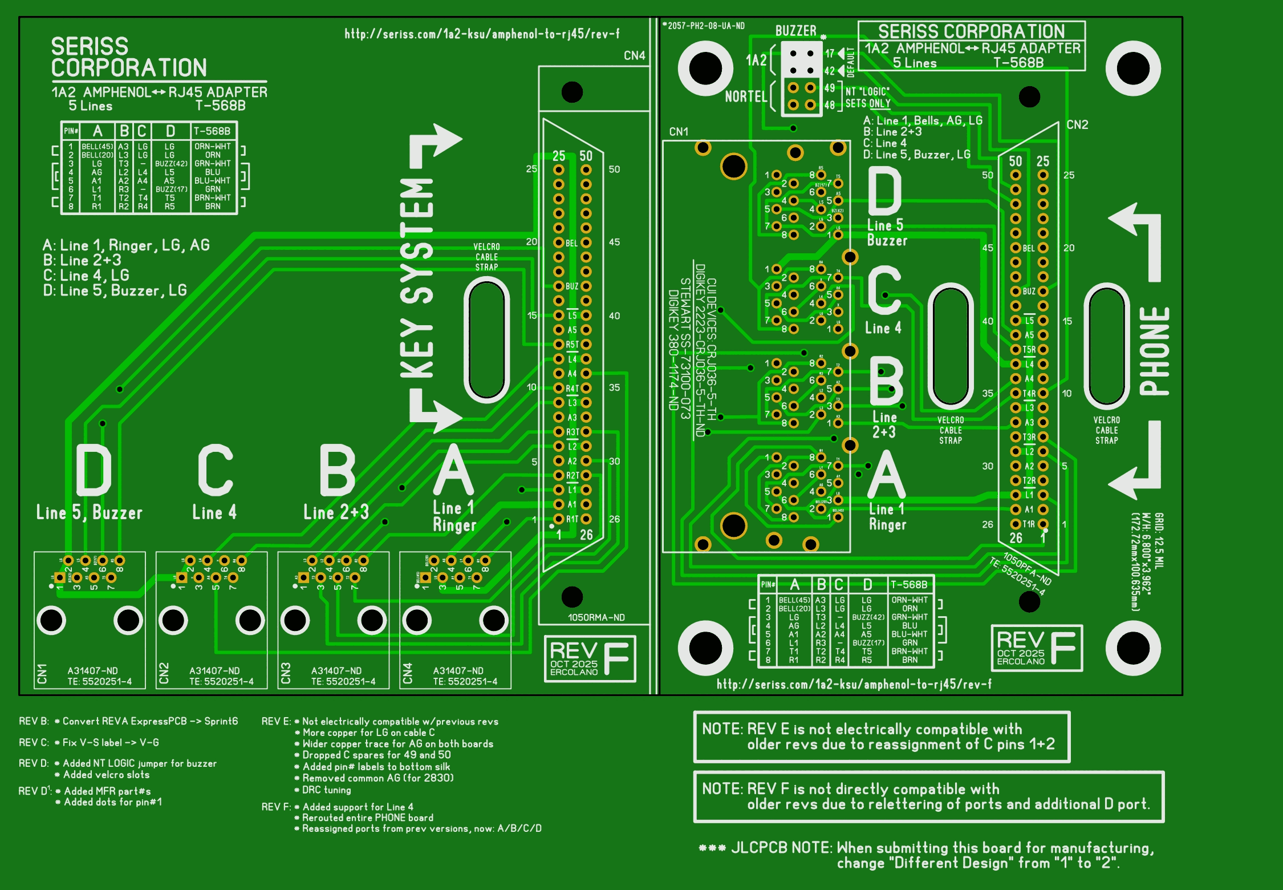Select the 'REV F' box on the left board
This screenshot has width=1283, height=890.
(590, 658)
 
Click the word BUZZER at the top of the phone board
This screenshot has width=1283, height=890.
(795, 31)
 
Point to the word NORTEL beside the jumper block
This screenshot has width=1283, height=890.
(746, 96)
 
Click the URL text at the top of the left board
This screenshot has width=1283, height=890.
(482, 34)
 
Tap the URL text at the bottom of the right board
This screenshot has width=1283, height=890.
(854, 684)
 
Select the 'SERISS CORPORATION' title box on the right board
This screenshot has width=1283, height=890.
(971, 46)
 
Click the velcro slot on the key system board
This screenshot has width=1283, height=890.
(486, 339)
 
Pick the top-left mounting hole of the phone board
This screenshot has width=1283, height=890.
(705, 68)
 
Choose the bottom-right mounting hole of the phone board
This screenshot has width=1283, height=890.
(1133, 648)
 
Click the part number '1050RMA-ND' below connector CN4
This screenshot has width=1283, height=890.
(596, 617)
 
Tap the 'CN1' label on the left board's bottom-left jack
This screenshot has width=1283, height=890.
(42, 673)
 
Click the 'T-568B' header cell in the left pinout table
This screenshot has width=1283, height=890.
(212, 131)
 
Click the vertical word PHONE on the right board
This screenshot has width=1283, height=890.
(1154, 351)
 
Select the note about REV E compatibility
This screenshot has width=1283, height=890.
(881, 737)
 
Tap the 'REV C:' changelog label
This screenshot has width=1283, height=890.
(34, 742)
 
